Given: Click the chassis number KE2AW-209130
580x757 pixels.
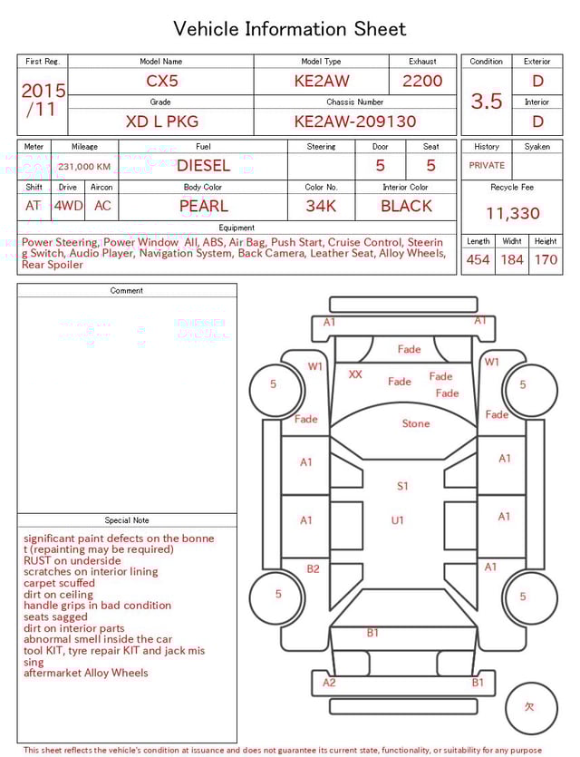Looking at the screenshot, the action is (355, 121).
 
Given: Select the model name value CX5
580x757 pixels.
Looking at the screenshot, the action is (161, 81).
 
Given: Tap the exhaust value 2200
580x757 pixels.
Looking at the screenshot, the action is (422, 81).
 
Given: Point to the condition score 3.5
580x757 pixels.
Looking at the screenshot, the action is (487, 101).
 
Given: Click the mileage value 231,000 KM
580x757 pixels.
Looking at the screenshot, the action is (84, 167).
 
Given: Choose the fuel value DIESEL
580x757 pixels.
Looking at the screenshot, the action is (203, 166).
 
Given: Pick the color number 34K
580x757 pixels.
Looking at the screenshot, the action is (321, 206).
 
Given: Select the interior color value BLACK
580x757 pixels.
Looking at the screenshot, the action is (406, 206).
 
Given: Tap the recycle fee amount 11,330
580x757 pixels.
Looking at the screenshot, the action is (512, 213).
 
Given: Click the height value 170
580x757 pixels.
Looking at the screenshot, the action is (546, 259).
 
